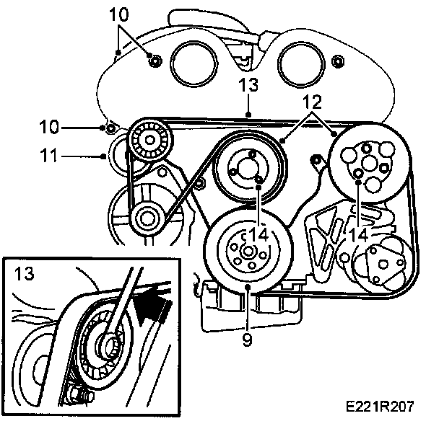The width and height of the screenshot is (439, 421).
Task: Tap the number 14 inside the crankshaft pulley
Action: (259, 234)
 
